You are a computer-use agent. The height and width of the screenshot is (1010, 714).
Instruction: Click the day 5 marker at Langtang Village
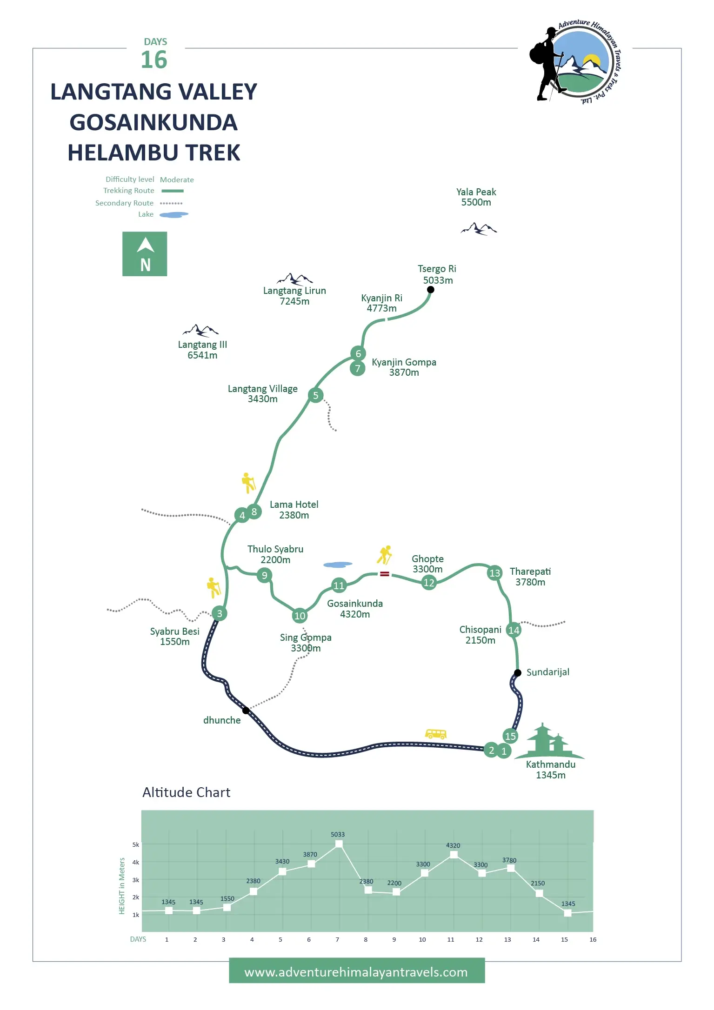tap(315, 395)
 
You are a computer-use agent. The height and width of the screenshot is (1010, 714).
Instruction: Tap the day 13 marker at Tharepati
tap(494, 573)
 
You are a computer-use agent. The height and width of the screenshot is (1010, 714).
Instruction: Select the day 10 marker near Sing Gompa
tap(300, 616)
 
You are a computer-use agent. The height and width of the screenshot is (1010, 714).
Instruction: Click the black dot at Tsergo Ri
tap(431, 290)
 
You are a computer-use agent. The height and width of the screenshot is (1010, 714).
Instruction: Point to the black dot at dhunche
tap(246, 710)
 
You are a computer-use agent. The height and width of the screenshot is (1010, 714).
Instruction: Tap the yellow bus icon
tap(436, 734)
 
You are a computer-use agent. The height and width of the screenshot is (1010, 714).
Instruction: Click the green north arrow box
tap(145, 254)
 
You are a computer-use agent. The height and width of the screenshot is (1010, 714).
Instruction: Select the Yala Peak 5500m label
tap(476, 197)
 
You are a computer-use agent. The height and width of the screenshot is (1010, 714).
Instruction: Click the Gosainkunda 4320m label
tap(355, 609)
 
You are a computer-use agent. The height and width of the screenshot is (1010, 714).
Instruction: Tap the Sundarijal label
tap(547, 672)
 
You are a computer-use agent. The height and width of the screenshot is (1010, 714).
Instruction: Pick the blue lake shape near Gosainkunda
tap(338, 565)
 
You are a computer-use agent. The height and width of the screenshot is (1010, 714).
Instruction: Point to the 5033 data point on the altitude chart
tap(339, 844)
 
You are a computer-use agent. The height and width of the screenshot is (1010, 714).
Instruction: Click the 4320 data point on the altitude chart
tap(454, 855)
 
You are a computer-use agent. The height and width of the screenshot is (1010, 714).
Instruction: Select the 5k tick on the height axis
tap(136, 844)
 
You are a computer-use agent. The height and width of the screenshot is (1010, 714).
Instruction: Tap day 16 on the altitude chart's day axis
tap(593, 939)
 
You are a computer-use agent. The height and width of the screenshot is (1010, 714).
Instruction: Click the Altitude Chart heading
tap(186, 792)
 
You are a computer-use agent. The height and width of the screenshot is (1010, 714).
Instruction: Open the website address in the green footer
tap(356, 972)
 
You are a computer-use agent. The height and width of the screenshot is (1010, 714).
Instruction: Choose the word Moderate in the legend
tap(177, 179)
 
